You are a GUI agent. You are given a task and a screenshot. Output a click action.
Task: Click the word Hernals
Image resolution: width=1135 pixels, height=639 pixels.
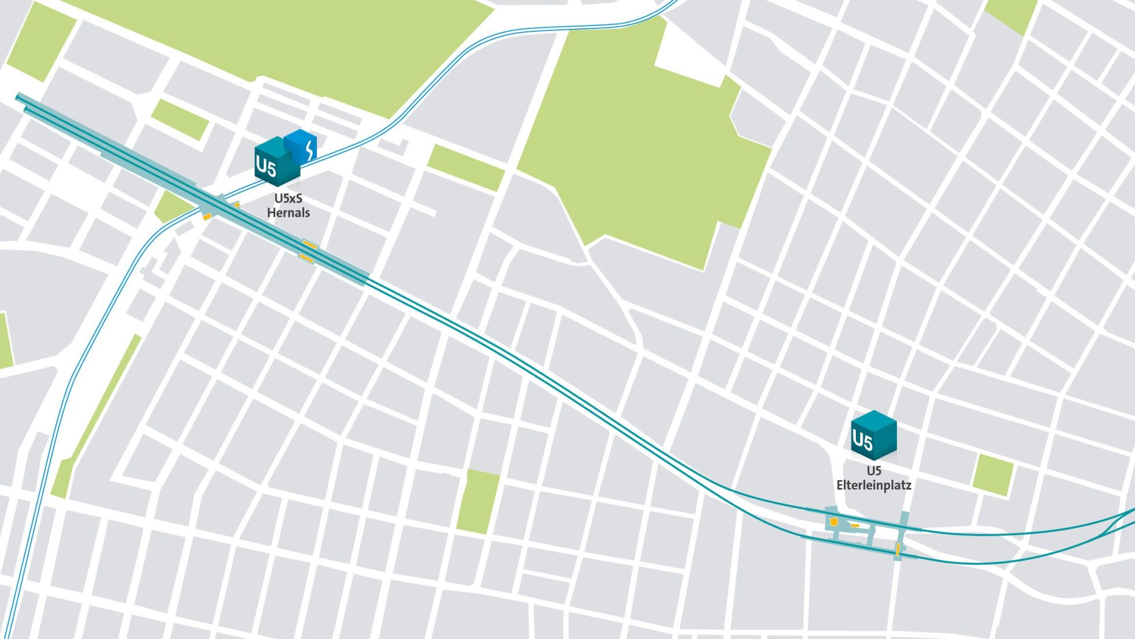coord(288,213)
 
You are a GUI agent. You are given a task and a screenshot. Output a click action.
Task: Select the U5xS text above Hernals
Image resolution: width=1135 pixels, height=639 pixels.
coord(288,198)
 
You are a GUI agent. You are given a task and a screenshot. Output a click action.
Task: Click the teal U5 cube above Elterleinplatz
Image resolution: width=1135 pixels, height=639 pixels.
coord(873,436)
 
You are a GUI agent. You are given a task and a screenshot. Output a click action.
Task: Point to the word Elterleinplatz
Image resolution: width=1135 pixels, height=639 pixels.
coord(873,485)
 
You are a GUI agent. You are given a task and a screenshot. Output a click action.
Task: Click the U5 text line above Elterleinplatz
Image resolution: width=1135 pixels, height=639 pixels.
coord(874,470)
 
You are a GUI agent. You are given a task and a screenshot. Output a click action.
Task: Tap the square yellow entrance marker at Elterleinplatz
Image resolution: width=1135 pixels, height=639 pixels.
coord(834,522)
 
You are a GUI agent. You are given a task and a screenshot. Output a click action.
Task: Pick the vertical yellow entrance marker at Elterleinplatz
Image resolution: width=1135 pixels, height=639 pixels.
coord(898,549)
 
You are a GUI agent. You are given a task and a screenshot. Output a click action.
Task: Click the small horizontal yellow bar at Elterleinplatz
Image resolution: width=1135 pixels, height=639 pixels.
coord(855,525)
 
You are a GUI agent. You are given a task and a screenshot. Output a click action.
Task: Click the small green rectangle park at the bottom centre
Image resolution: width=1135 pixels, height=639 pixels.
coord(478,502)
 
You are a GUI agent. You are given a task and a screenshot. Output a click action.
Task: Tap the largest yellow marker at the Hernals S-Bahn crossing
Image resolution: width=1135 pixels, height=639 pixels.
coord(207,217)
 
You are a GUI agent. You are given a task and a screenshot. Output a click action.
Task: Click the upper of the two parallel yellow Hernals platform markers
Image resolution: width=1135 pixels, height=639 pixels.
coord(310,245)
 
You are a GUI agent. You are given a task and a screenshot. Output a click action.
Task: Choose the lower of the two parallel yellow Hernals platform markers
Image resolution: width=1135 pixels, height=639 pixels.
coord(306,258)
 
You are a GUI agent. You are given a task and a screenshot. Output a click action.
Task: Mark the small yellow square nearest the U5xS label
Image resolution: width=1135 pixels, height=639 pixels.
coord(237,205)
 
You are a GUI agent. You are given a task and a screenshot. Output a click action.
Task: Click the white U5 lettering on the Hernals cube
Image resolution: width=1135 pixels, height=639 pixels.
coord(266,167)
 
